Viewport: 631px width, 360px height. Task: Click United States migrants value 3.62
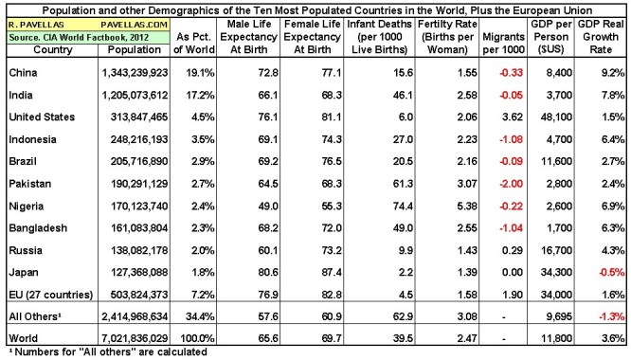513,116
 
